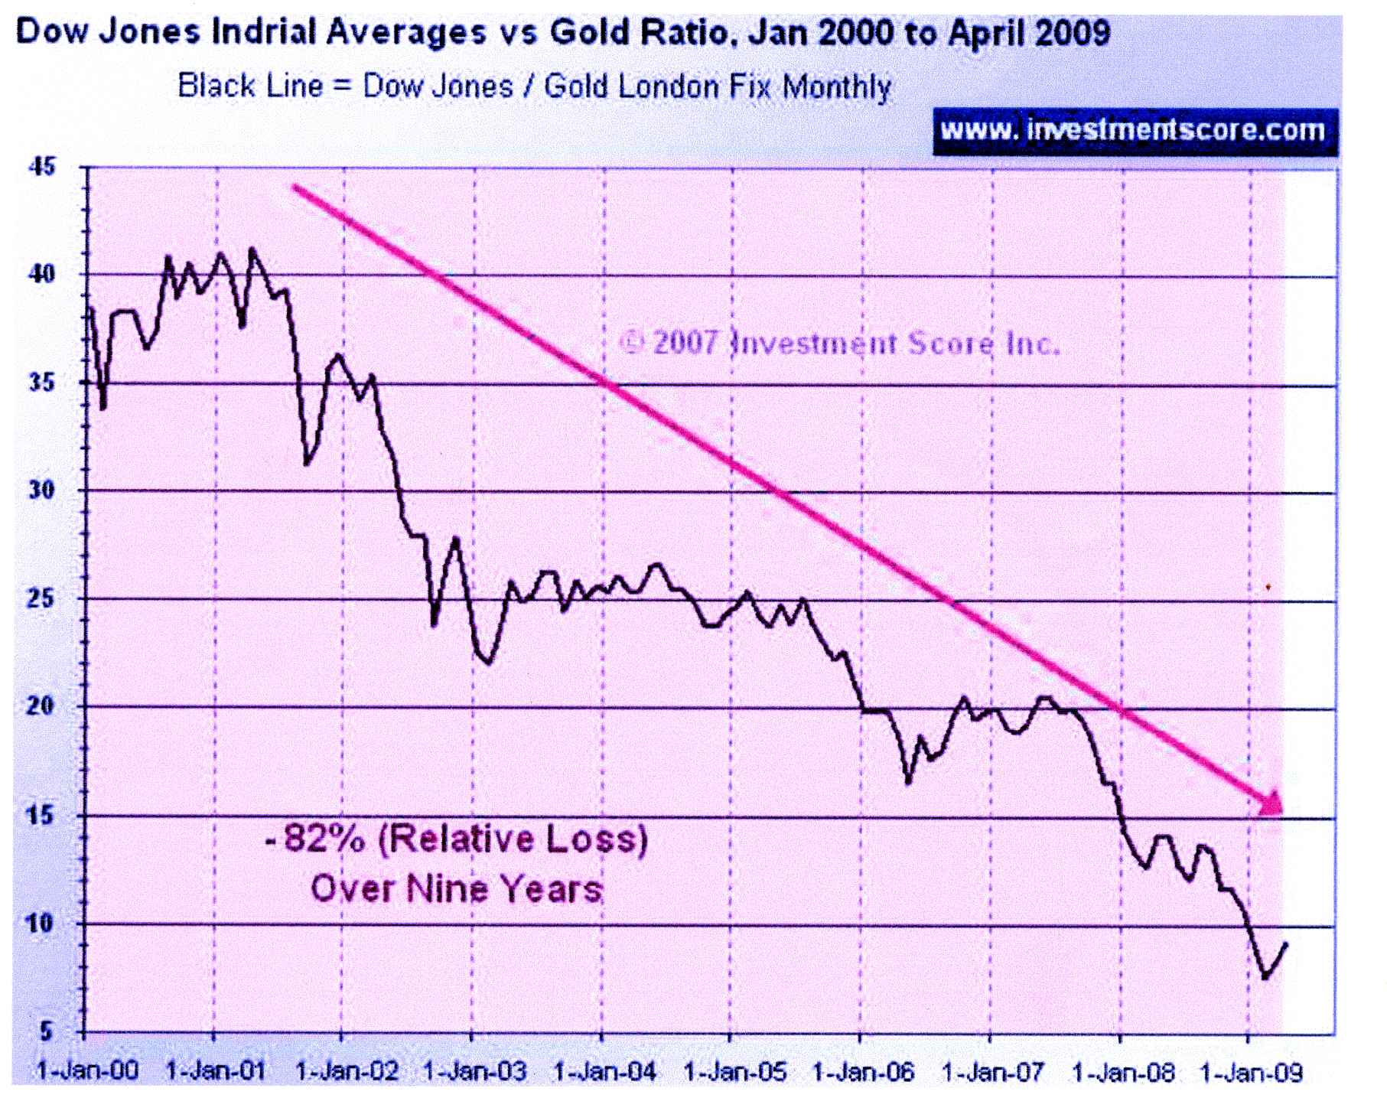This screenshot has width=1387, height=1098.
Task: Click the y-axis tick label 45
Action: point(43,166)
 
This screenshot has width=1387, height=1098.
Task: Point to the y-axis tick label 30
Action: point(43,490)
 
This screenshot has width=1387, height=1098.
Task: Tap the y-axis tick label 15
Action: point(43,815)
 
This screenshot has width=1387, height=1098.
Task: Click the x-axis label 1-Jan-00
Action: point(87,1070)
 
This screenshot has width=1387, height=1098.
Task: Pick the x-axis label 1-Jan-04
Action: point(605,1070)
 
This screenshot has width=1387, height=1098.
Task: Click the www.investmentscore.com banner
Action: point(1134,130)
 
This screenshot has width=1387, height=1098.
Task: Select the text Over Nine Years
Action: point(457,889)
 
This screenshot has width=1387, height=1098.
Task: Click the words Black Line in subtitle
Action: point(249,86)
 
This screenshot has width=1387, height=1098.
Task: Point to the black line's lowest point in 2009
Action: point(1265,977)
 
